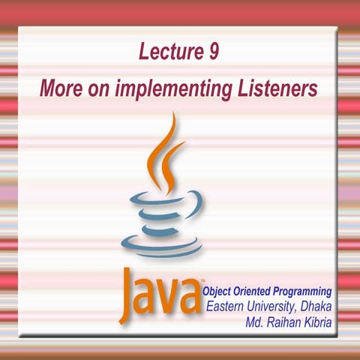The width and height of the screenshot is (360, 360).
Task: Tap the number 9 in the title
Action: (x=213, y=52)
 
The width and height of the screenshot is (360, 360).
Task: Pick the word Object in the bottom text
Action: (x=219, y=291)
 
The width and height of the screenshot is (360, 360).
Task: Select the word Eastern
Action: (x=229, y=307)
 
